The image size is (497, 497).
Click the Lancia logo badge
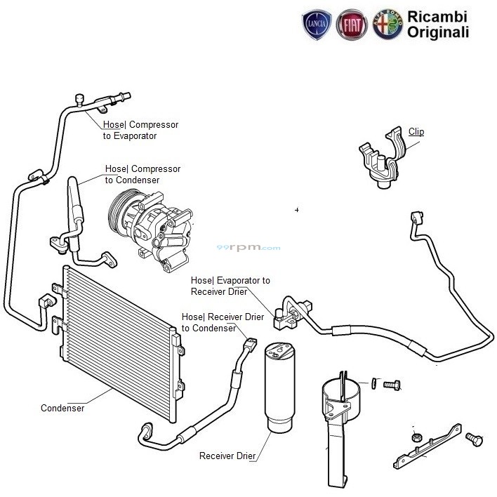pyautogui.click(x=316, y=25)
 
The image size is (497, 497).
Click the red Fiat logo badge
pyautogui.click(x=352, y=25)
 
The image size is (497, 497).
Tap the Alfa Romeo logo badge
pyautogui.click(x=387, y=25)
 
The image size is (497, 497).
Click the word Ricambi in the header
pyautogui.click(x=438, y=16)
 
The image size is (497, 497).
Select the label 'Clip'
pyautogui.click(x=416, y=132)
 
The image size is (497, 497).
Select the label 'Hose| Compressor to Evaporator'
pyautogui.click(x=140, y=131)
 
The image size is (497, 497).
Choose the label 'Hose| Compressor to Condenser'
pyautogui.click(x=143, y=175)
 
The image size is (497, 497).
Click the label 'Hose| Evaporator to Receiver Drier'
pyautogui.click(x=230, y=286)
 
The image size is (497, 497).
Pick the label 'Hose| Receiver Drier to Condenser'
pyautogui.click(x=223, y=323)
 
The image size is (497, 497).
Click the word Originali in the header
pyautogui.click(x=438, y=32)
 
